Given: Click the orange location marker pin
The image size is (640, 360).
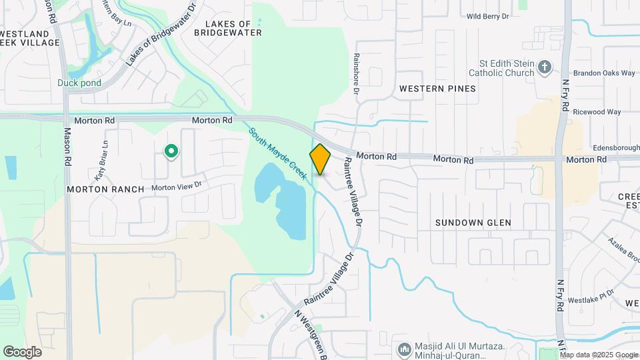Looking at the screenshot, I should click(321, 159).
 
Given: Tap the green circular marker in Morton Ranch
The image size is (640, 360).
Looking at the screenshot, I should click(171, 152).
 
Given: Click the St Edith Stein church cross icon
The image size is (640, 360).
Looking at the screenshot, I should click(545, 67).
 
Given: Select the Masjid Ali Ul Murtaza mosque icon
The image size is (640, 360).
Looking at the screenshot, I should click(404, 349).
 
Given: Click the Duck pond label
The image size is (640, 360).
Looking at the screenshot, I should click(79, 83).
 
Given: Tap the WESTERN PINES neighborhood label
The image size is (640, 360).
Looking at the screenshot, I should click(437, 89).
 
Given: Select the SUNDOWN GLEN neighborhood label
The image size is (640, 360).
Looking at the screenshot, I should click(473, 223).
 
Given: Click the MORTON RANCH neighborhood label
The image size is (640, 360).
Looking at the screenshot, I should click(105, 189).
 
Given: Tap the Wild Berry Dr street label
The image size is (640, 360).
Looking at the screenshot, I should click(487, 16).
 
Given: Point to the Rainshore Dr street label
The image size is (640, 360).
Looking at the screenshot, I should click(357, 73).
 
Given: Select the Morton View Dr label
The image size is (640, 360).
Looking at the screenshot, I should click(176, 187).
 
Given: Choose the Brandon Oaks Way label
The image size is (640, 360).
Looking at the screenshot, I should click(603, 73).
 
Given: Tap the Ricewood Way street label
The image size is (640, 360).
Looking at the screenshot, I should click(597, 112).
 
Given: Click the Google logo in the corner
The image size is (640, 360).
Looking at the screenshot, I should click(22, 352).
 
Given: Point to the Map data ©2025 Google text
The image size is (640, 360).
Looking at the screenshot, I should click(599, 355).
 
